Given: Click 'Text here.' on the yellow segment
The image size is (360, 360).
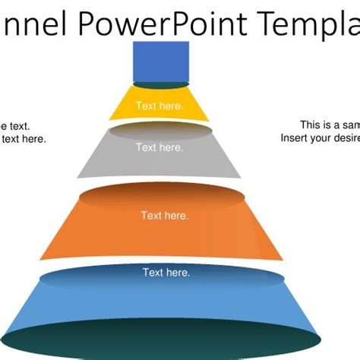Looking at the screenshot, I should point(159,106).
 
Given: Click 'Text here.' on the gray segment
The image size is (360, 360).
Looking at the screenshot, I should point(159,147).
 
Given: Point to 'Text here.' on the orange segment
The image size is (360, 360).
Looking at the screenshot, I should point(165,216).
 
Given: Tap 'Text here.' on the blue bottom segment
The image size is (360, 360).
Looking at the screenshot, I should point(166,272).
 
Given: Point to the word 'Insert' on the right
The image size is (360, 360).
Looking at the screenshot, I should point(295,138).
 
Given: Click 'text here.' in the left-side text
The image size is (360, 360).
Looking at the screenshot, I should point(24,139).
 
